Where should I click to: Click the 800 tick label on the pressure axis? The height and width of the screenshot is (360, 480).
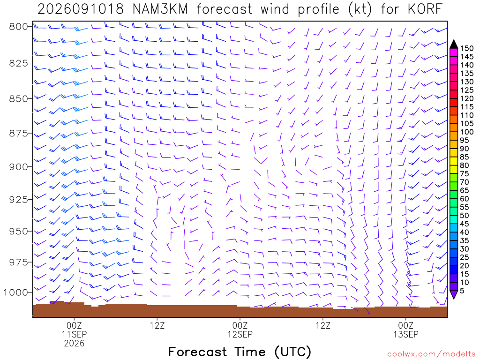(x=19, y=27)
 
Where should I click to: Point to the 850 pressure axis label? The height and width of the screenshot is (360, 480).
(x=19, y=99)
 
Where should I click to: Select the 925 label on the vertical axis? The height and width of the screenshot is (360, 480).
(x=19, y=200)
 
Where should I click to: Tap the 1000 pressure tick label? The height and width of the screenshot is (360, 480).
(x=16, y=292)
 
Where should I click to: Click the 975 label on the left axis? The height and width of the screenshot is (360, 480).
(x=19, y=262)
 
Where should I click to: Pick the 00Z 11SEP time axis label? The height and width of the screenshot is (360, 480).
(x=74, y=330)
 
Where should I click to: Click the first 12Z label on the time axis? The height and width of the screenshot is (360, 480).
(x=157, y=325)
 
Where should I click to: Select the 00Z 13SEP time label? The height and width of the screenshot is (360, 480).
(x=406, y=330)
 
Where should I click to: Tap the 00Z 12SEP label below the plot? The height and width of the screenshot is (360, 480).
(x=240, y=330)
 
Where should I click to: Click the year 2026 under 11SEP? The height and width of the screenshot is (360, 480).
(x=74, y=343)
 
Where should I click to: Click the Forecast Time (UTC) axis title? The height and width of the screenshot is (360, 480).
(x=240, y=352)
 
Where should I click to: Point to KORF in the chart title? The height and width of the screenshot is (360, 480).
(x=425, y=9)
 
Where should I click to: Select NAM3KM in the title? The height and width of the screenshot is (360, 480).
(x=160, y=9)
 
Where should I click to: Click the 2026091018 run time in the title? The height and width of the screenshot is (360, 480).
(x=81, y=9)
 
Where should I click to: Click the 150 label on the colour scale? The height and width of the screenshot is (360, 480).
(x=467, y=48)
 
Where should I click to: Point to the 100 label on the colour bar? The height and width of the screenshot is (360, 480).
(x=467, y=132)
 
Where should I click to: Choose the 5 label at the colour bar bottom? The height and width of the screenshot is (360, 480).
(x=462, y=291)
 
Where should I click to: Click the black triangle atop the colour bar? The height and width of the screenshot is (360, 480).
(x=454, y=44)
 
